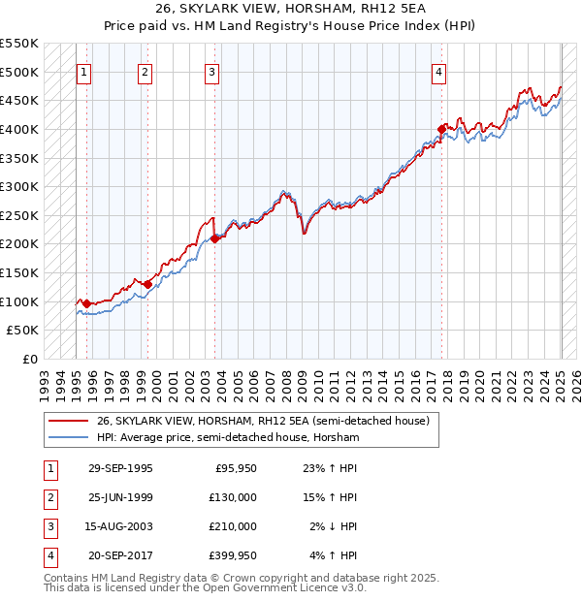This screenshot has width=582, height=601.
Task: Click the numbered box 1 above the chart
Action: [84, 72]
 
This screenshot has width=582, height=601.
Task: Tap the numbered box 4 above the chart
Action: [439, 72]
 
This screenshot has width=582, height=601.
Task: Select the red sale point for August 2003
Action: [214, 238]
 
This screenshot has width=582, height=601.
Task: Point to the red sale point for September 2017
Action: [441, 128]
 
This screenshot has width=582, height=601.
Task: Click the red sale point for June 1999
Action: [147, 284]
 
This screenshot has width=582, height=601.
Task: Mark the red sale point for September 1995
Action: [87, 304]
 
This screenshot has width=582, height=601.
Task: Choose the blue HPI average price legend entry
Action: [228, 438]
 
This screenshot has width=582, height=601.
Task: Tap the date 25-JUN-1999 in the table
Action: [120, 497]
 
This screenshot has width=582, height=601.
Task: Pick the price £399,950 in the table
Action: [232, 555]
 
